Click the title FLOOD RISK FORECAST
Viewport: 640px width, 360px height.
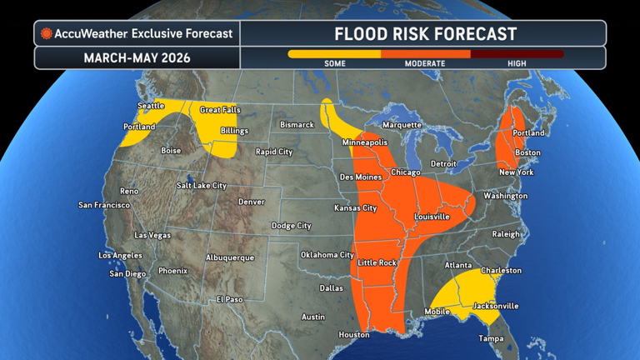425,34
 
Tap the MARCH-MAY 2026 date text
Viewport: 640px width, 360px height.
137,58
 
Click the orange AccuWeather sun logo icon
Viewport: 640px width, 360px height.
47,34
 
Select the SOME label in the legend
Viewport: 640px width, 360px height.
334,64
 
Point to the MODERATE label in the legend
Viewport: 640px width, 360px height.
425,64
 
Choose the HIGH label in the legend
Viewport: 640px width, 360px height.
517,64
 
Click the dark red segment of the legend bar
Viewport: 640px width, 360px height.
517,54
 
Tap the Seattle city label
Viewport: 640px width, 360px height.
151,106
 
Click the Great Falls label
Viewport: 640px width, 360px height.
220,110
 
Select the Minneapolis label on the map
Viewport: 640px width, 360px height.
365,142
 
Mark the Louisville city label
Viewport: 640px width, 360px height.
432,217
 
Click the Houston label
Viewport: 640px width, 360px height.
354,335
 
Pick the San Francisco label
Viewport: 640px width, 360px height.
104,205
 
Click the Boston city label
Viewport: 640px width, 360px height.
527,152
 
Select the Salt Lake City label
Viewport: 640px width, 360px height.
202,185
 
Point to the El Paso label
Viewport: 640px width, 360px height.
229,299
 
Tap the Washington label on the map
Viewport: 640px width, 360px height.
505,196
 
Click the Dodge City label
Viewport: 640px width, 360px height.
291,226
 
